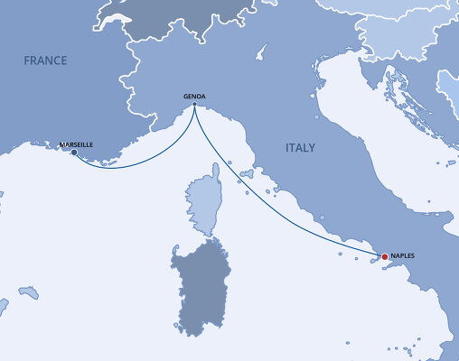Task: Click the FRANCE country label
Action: tap(46, 61)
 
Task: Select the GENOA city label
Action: tap(194, 96)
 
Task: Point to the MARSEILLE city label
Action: tap(75, 144)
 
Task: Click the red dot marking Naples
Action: tap(385, 257)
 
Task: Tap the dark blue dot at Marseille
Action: tap(74, 153)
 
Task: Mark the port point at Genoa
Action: tap(194, 106)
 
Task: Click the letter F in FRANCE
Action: tap(27, 61)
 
